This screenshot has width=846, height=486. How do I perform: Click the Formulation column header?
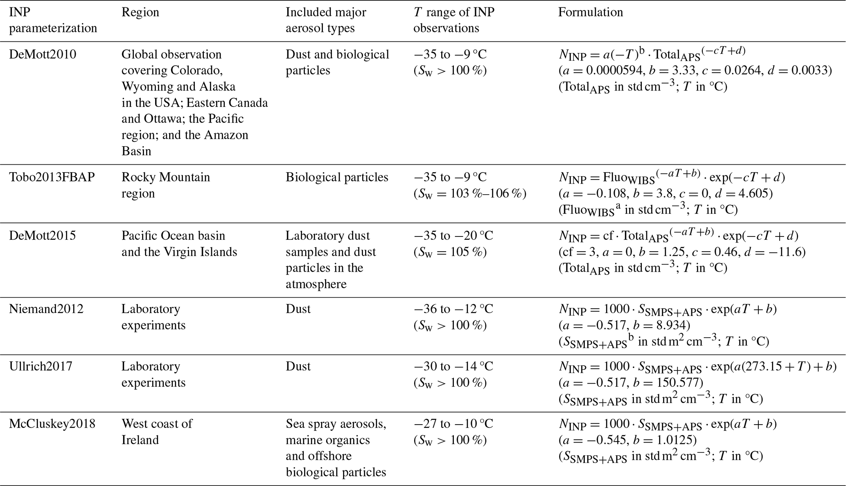click(590, 12)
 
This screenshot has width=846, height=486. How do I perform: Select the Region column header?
click(140, 12)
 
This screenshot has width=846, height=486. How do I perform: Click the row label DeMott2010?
click(43, 55)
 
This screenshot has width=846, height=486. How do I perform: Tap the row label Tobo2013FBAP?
click(52, 177)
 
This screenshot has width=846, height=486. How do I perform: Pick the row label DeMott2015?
click(43, 236)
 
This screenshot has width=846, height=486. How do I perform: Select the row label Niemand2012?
click(46, 309)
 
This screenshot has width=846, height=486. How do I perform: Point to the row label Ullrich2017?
click(41, 366)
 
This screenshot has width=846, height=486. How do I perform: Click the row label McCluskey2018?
click(52, 423)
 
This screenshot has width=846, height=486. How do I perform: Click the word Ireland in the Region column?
click(140, 440)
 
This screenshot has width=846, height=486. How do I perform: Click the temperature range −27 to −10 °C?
click(453, 423)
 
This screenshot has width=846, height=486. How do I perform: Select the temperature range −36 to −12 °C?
click(453, 309)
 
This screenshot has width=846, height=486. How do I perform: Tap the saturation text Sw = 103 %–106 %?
click(470, 193)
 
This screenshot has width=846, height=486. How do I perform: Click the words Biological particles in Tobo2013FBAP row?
click(337, 177)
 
